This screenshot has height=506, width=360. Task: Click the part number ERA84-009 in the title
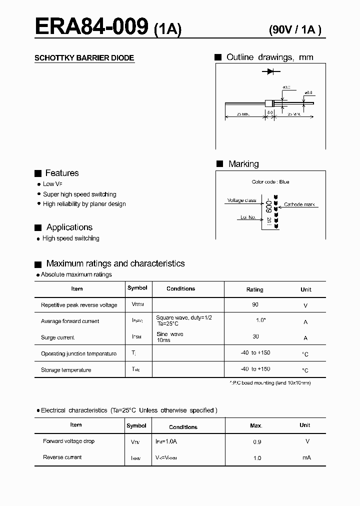tap(91, 26)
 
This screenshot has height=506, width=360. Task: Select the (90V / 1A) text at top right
tap(295, 29)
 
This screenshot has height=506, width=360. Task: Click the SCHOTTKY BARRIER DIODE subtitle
tap(84, 58)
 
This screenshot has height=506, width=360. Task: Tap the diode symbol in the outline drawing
tap(271, 72)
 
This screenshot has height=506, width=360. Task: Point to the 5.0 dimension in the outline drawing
tap(270, 113)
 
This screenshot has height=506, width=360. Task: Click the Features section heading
tap(61, 173)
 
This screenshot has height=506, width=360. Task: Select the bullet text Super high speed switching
tap(79, 194)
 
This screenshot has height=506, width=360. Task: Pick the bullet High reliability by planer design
tap(84, 204)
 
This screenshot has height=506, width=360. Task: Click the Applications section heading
tap(69, 227)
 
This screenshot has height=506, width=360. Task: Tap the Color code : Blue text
tap(270, 182)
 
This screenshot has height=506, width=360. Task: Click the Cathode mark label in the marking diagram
tap(299, 204)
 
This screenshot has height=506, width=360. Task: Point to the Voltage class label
tap(241, 200)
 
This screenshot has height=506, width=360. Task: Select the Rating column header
tap(255, 289)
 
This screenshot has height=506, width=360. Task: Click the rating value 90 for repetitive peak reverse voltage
tap(255, 304)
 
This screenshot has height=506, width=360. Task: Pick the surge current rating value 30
tap(255, 337)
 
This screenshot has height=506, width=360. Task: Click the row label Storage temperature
tap(66, 370)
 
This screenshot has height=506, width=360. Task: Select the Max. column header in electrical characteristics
tap(256, 425)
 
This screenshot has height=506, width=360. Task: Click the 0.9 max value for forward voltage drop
tap(257, 442)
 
